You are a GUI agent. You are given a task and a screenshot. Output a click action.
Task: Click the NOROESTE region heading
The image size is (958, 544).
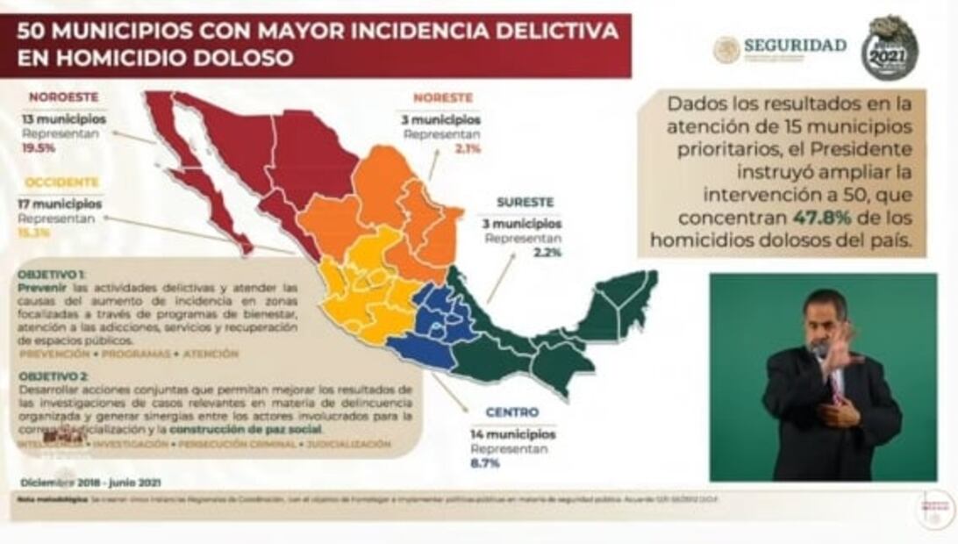pyautogui.click(x=63, y=97)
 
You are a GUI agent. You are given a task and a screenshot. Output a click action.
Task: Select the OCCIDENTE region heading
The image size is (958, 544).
pyautogui.click(x=61, y=183)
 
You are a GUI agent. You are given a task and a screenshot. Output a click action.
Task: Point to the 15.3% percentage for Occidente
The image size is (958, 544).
pyautogui.click(x=36, y=233)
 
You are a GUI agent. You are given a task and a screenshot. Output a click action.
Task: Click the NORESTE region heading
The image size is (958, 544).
pyautogui.click(x=443, y=97)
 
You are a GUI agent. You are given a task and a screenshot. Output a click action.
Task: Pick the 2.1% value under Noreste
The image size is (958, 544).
pyautogui.click(x=468, y=149)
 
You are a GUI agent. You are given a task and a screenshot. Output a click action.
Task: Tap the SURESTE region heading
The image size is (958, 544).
pyautogui.click(x=524, y=202)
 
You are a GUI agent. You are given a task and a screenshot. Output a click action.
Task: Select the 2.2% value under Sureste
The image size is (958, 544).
pyautogui.click(x=548, y=253)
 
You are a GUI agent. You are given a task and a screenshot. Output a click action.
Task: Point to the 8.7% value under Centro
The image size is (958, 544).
pyautogui.click(x=484, y=463)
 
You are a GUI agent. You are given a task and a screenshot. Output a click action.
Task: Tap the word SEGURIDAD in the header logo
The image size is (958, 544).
pyautogui.click(x=795, y=45)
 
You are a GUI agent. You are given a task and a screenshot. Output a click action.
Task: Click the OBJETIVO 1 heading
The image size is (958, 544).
pyautogui.click(x=52, y=274)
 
